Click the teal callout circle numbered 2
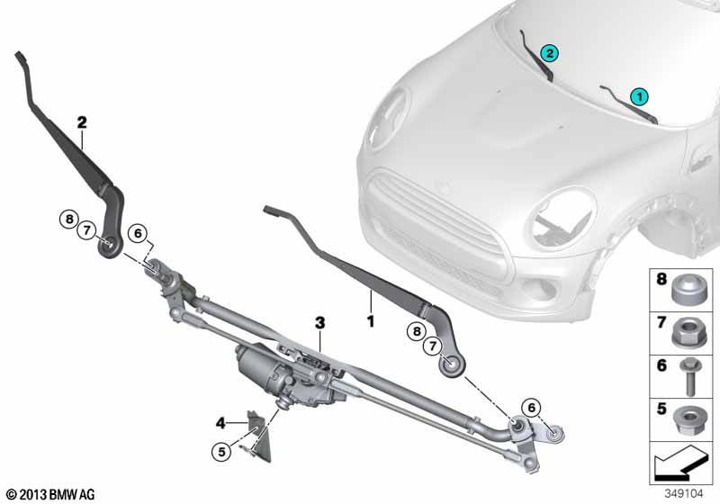coord(550,53)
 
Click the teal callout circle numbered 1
coord(639,97)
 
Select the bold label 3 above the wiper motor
coord(319,323)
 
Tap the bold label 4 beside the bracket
coord(220,423)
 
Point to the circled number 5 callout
coord(221,452)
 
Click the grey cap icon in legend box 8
coord(688,290)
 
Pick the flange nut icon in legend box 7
coord(688,332)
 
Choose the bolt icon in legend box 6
coord(688,376)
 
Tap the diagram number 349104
coord(684,493)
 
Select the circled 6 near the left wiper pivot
coord(138,234)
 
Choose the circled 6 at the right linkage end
coord(531,408)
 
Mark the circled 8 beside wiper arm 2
coord(69,219)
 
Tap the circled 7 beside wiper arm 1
coord(432,346)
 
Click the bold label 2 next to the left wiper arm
coord(82,122)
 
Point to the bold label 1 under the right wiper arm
coord(370,321)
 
